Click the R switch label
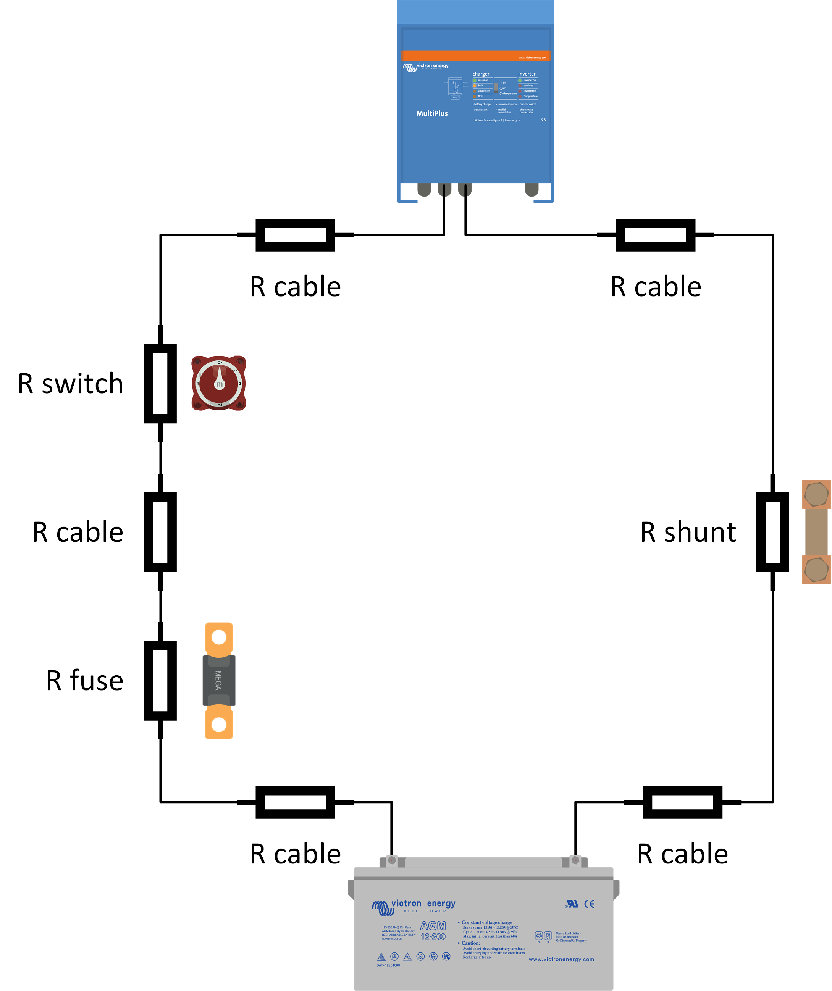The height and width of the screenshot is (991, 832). pos(71,384)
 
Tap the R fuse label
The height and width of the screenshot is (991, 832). pos(85,681)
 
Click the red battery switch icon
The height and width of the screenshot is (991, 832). pos(218,383)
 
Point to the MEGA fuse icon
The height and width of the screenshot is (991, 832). pos(218,681)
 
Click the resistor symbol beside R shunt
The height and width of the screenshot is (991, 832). pos(772,532)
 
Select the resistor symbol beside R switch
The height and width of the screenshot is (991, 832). pos(160,384)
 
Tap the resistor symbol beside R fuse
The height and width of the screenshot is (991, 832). pos(160,681)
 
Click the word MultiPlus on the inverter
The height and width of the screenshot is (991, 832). pos(432,113)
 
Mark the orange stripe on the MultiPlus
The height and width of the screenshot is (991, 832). pos(475,56)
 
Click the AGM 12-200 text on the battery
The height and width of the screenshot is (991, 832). pos(433,931)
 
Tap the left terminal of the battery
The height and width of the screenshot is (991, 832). pos(392,860)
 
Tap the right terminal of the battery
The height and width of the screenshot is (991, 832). pos(575,860)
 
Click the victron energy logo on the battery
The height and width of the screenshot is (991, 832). pos(414,906)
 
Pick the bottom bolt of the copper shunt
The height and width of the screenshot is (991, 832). pos(816,569)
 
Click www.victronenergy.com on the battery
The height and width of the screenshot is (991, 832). pos(561,959)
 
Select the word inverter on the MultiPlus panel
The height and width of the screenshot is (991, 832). pos(527,74)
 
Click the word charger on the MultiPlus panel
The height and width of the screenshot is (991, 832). pos(481,74)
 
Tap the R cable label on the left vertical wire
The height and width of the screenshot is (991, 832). pos(78,532)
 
